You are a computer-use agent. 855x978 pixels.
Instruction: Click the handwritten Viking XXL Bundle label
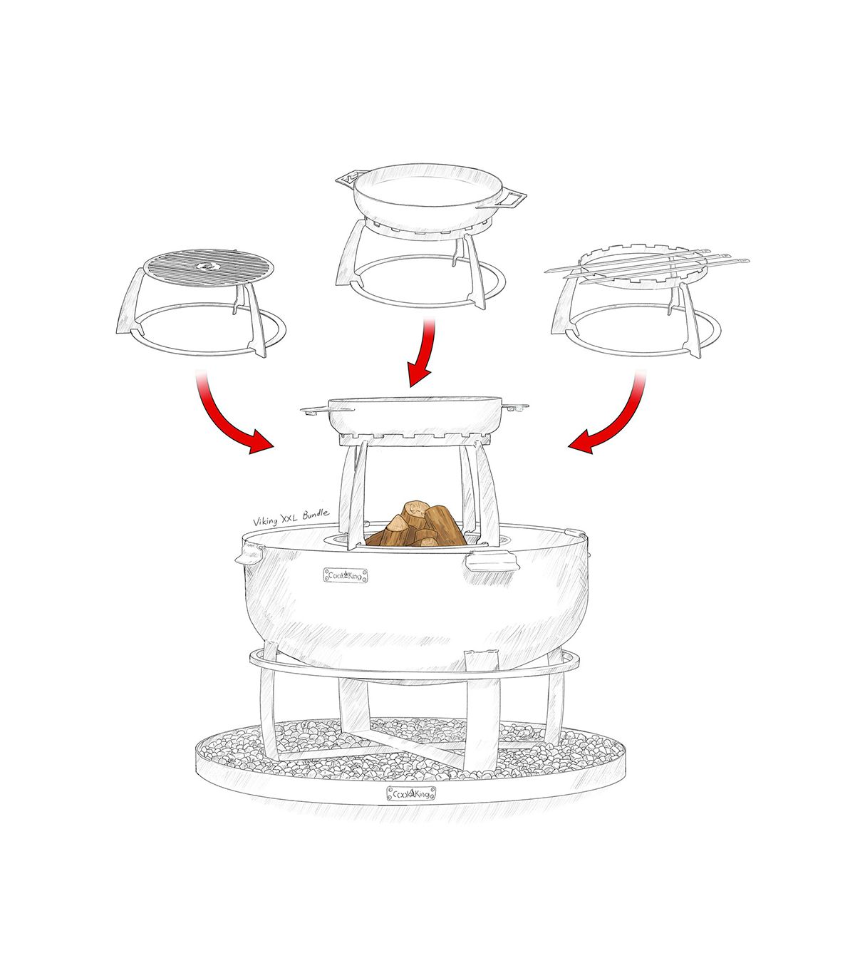click(291, 518)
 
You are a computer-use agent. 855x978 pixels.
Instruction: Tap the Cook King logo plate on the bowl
click(346, 575)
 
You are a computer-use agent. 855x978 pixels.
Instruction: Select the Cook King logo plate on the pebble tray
click(411, 794)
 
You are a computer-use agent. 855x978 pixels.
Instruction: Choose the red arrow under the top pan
click(423, 351)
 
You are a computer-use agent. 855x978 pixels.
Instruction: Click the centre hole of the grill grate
click(206, 265)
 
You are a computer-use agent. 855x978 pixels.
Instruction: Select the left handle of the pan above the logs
click(314, 408)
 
